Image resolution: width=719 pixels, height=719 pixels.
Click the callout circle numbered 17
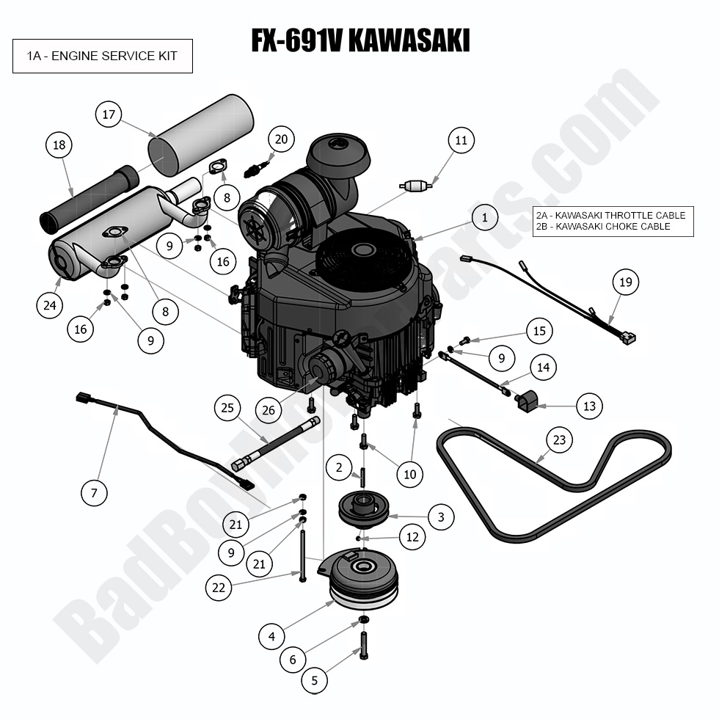pyautogui.click(x=109, y=114)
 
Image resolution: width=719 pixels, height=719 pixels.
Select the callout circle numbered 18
pyautogui.click(x=59, y=145)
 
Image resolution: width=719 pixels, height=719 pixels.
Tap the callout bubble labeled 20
pyautogui.click(x=280, y=139)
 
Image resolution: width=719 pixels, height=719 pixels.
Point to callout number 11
pyautogui.click(x=461, y=140)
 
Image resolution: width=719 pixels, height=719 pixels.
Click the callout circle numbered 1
pyautogui.click(x=484, y=217)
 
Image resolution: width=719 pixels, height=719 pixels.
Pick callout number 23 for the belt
pyautogui.click(x=560, y=441)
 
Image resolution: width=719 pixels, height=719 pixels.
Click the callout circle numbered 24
pyautogui.click(x=49, y=305)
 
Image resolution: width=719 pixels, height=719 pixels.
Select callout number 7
pyautogui.click(x=94, y=493)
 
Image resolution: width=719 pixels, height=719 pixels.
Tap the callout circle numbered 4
pyautogui.click(x=272, y=636)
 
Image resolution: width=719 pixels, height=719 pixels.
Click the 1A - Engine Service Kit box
pyautogui.click(x=103, y=56)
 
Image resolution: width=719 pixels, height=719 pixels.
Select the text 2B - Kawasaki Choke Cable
pyautogui.click(x=613, y=227)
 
